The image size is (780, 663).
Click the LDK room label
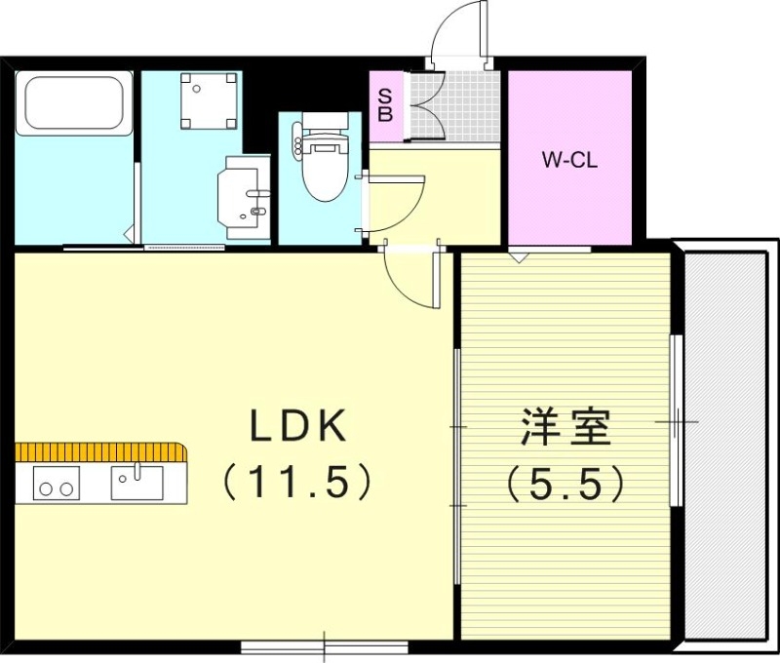tap(298, 426)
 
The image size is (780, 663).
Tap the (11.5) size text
tap(297, 480)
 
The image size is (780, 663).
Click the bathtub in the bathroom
tap(73, 103)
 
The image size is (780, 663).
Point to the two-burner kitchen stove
tap(56, 484)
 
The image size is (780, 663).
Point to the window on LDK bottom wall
tap(324, 645)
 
